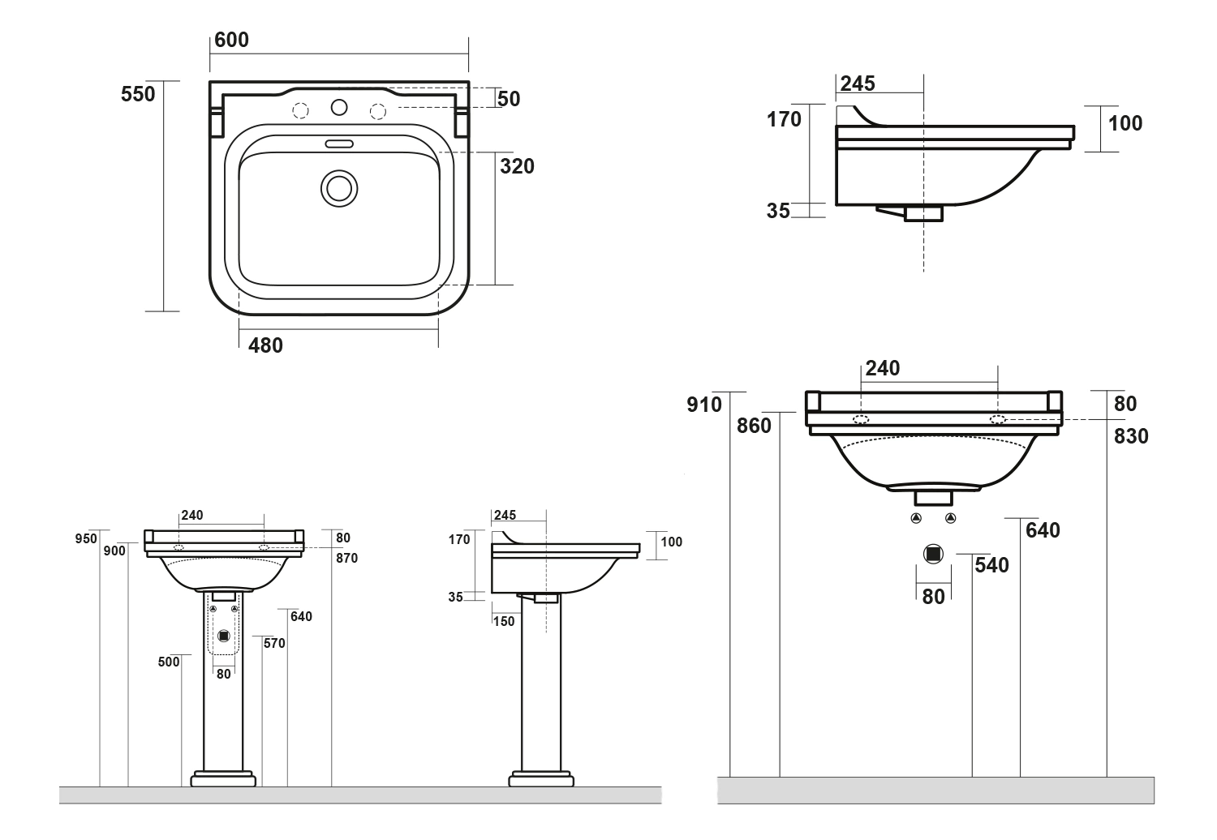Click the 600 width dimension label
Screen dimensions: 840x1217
231,40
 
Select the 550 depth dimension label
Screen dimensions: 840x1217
137,94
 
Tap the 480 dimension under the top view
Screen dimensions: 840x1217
265,345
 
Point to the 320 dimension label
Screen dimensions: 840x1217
517,166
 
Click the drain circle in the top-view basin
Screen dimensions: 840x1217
338,187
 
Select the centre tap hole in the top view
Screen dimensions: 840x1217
339,106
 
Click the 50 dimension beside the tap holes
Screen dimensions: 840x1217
509,99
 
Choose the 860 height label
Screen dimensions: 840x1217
754,425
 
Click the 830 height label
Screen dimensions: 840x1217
1131,436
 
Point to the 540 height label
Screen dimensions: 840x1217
991,565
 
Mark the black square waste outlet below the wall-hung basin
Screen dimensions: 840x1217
933,553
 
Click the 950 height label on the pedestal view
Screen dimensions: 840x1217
86,538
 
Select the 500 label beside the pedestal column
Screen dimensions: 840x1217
169,662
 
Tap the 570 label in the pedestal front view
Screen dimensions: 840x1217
274,644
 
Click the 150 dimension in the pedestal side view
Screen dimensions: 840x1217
503,621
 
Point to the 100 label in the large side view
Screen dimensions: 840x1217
1125,123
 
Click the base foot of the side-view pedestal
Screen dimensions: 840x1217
541,781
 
